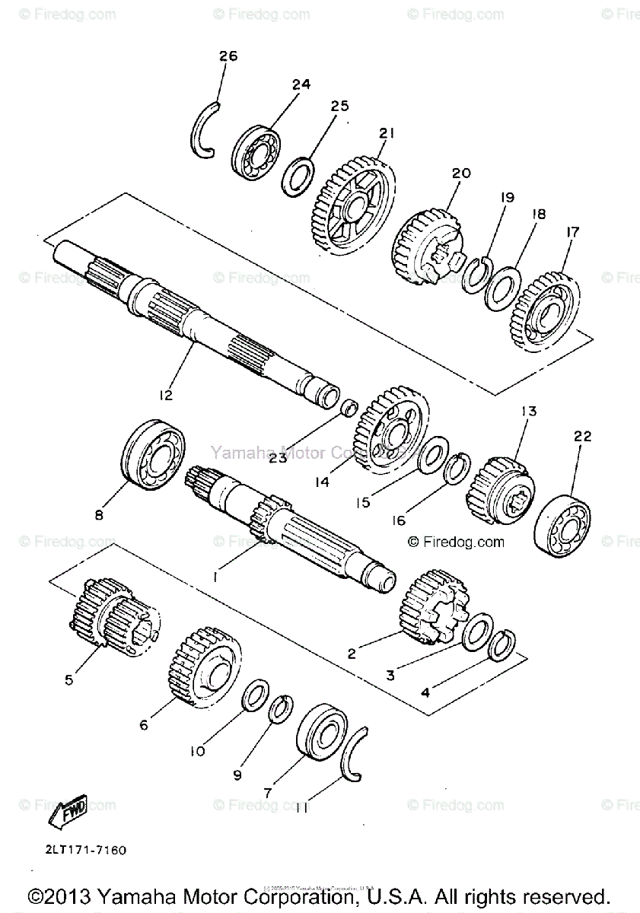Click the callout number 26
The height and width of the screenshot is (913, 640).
click(x=228, y=56)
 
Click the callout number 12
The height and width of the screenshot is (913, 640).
click(x=166, y=395)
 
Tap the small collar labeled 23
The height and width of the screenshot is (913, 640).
click(x=349, y=407)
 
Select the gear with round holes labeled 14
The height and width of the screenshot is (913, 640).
click(x=390, y=431)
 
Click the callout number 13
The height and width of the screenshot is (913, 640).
click(x=528, y=412)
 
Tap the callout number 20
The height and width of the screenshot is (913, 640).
click(x=461, y=173)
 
